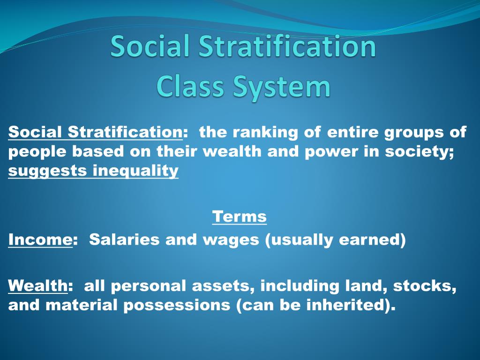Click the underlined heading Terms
239,217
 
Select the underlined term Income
40,240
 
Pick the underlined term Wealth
37,285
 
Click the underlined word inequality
135,171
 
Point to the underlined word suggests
47,172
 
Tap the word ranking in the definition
265,133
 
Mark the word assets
222,285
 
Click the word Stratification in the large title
287,47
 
